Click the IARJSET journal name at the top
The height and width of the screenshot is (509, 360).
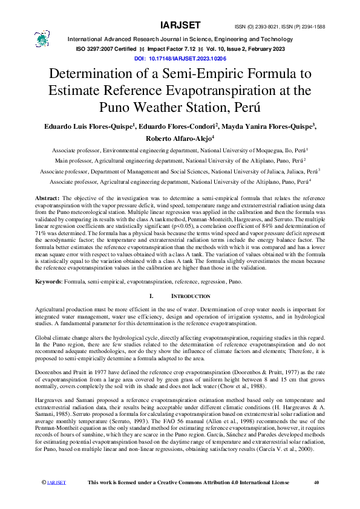pyautogui.click(x=180, y=25)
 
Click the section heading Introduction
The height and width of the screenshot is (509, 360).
pyautogui.click(x=191, y=296)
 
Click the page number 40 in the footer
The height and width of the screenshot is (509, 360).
pyautogui.click(x=316, y=482)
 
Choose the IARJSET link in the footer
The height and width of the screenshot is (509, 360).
pyautogui.click(x=56, y=483)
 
